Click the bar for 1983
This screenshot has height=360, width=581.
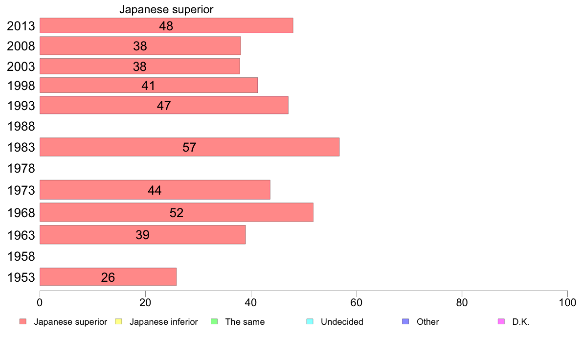coord(189,147)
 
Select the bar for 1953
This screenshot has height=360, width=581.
coord(108,277)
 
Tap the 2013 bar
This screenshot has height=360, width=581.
coord(166,25)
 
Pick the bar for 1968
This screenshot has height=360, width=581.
coord(176,212)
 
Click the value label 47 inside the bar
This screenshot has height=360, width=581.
coord(164,106)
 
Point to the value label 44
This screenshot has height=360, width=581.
coord(155,190)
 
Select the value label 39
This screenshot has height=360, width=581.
coord(142,235)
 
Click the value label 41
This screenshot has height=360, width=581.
coord(148,86)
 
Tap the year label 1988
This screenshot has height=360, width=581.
coord(21,127)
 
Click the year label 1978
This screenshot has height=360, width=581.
coord(21,169)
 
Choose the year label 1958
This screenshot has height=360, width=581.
coord(21,257)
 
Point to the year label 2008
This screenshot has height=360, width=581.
coord(21,46)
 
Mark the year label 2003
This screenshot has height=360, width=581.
coord(21,67)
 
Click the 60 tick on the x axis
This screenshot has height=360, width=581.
coord(357,302)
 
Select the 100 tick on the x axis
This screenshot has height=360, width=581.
coord(567,302)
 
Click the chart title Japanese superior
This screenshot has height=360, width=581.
coord(166,9)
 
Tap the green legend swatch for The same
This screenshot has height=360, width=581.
coord(214,322)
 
